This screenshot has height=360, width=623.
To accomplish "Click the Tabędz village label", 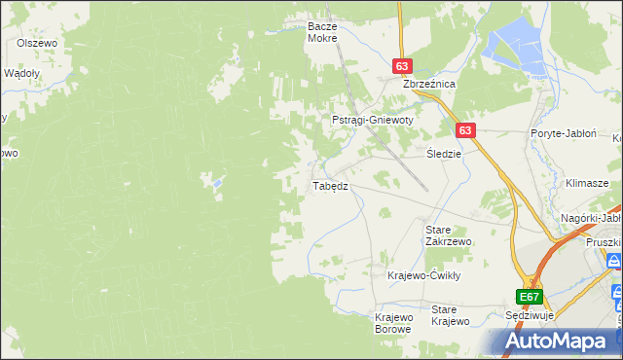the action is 329,186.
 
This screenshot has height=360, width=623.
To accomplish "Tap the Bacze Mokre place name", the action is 321,32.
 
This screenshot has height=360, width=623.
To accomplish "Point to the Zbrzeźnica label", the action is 430,85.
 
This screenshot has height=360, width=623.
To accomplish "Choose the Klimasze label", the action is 587,183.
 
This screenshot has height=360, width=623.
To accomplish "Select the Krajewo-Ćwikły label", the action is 423,275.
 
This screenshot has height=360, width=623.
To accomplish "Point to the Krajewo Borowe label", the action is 394,323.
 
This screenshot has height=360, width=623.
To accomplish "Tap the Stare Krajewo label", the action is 451,315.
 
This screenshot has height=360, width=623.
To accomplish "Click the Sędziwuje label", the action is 531,317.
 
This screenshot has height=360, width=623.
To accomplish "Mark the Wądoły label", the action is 21,73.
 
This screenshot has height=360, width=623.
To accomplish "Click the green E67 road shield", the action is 529,297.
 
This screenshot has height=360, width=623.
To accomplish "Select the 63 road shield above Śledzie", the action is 465,129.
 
